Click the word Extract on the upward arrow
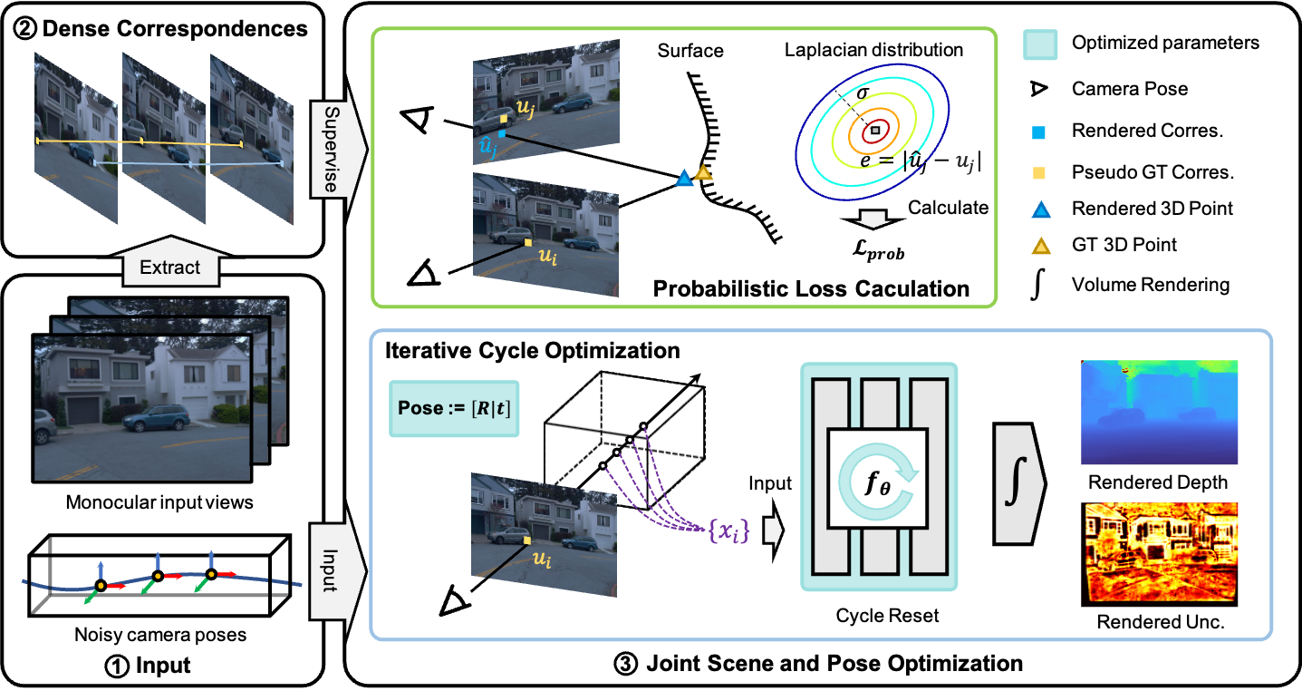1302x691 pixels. [170, 268]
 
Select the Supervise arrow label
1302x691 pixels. [331, 149]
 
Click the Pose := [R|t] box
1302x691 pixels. [454, 408]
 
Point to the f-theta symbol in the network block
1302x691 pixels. [878, 482]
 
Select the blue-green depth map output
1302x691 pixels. [1159, 413]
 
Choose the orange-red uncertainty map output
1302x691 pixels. [1161, 551]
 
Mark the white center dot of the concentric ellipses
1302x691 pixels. [874, 131]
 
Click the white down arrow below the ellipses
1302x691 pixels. [873, 219]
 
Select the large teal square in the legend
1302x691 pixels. [1040, 44]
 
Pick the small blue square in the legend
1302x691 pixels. [1039, 133]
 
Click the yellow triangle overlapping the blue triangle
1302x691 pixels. [703, 171]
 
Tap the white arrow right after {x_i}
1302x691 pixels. [773, 531]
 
